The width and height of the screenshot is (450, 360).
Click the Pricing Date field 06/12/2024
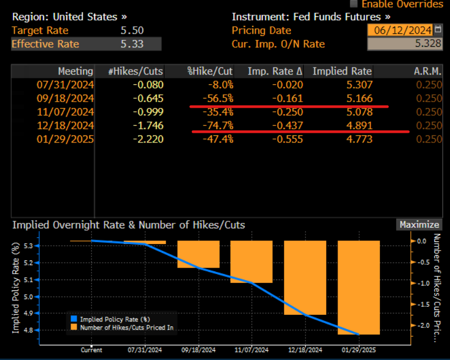click(x=400, y=30)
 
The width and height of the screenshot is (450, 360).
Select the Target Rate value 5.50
click(x=132, y=30)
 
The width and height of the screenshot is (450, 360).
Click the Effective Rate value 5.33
click(x=132, y=44)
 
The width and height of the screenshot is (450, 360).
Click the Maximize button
click(x=419, y=225)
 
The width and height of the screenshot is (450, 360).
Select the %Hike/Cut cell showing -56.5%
click(x=220, y=98)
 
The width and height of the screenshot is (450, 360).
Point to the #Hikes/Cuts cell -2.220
click(x=148, y=139)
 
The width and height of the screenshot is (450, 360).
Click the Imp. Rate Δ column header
click(x=274, y=71)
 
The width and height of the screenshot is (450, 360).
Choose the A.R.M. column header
click(x=428, y=71)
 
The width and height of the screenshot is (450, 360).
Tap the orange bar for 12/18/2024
click(x=305, y=277)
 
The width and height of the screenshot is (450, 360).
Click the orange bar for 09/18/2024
click(x=198, y=254)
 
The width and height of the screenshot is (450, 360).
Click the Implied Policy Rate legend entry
click(x=114, y=319)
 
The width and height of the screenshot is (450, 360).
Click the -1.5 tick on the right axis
click(x=420, y=304)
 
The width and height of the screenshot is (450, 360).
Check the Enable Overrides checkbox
click(x=354, y=4)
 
